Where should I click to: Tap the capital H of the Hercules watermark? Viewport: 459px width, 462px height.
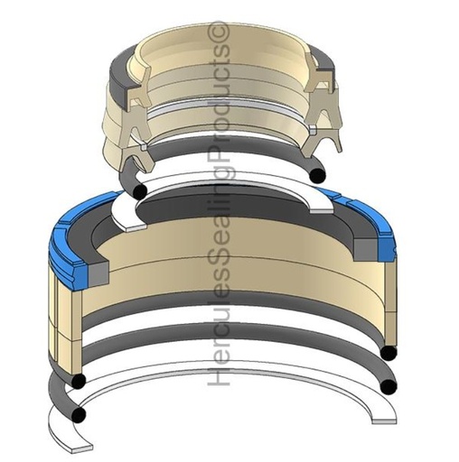click(220, 374)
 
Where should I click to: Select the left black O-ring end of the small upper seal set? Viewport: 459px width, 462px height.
click(140, 190)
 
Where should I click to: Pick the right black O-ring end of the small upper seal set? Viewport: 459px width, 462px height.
click(318, 175)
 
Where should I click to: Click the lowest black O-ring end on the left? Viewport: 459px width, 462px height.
click(79, 414)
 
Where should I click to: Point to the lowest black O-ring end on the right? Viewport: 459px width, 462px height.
click(389, 386)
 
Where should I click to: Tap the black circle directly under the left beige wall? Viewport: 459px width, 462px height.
click(79, 381)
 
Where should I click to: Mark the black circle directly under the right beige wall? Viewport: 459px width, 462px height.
click(389, 353)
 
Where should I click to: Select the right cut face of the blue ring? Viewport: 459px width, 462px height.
click(386, 247)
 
